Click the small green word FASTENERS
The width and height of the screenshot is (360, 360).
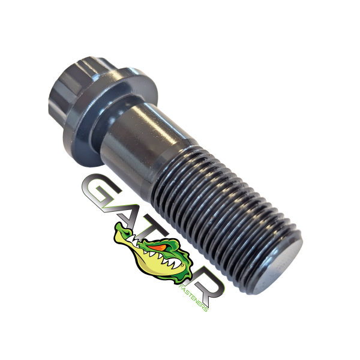click(x=194, y=298)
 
